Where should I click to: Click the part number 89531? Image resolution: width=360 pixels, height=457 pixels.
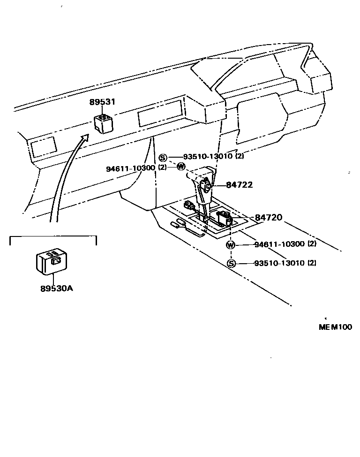102,102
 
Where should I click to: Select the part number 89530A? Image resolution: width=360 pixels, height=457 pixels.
56,288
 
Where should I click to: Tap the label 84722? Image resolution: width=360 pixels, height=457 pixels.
239,185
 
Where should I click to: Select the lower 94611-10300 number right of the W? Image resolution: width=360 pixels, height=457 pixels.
279,244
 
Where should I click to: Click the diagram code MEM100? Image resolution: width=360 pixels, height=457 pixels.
335,327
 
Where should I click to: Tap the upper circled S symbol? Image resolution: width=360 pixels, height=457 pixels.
163,158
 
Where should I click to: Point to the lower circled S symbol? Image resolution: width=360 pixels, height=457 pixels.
231,264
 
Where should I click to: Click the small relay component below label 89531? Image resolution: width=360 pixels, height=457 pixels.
103,122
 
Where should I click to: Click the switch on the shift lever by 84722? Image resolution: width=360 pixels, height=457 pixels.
205,185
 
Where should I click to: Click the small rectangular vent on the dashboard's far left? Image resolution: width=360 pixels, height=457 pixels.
43,147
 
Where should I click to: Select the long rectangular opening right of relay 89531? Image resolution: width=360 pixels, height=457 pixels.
160,113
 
